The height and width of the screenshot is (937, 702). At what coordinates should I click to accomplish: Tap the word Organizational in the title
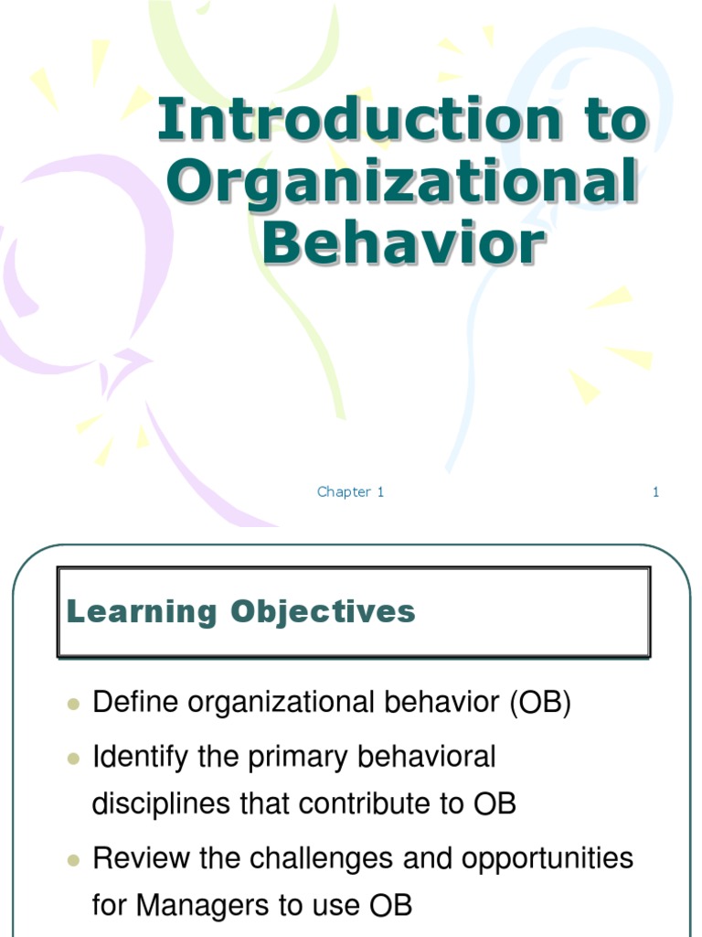pos(402,181)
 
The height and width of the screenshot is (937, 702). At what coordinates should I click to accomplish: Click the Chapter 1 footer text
pos(350,492)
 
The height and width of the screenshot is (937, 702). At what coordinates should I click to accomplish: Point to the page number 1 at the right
pos(655,492)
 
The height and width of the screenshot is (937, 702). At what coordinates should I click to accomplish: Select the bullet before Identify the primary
pos(75,759)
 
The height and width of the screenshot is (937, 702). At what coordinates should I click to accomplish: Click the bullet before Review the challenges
pos(75,860)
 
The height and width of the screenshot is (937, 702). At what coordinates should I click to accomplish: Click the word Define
pos(134,704)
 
